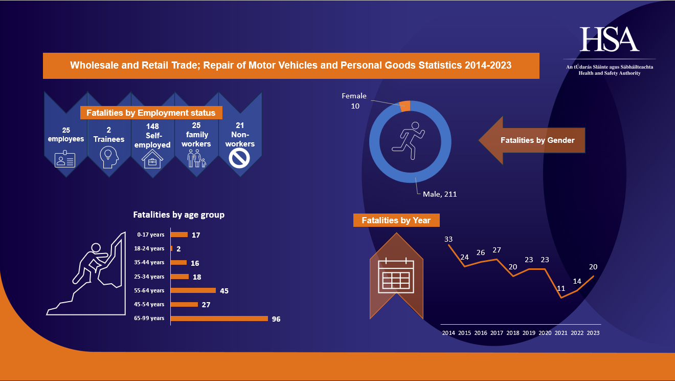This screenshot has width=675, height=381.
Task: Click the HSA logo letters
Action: [x=610, y=39]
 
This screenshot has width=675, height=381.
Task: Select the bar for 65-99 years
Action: [x=219, y=319]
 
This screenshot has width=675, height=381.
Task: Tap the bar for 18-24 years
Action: [x=171, y=248]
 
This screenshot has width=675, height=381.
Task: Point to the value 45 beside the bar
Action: [x=224, y=291]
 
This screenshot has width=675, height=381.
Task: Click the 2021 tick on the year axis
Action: [x=561, y=333]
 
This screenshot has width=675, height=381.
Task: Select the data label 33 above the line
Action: [x=448, y=239]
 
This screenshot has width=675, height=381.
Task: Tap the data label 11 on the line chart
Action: [x=561, y=288]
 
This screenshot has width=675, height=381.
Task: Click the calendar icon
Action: [x=396, y=276]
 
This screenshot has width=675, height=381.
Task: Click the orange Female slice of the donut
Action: [x=406, y=105]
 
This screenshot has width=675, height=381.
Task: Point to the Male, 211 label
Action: [x=439, y=194]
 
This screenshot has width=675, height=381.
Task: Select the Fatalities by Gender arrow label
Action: [x=537, y=140]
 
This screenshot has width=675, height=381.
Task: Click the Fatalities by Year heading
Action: [x=396, y=220]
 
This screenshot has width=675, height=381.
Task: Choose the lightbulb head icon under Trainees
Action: [x=109, y=157]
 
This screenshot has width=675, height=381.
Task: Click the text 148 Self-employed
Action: [x=152, y=136]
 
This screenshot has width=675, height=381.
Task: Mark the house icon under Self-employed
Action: [x=152, y=160]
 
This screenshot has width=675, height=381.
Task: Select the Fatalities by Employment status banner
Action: [x=151, y=113]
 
